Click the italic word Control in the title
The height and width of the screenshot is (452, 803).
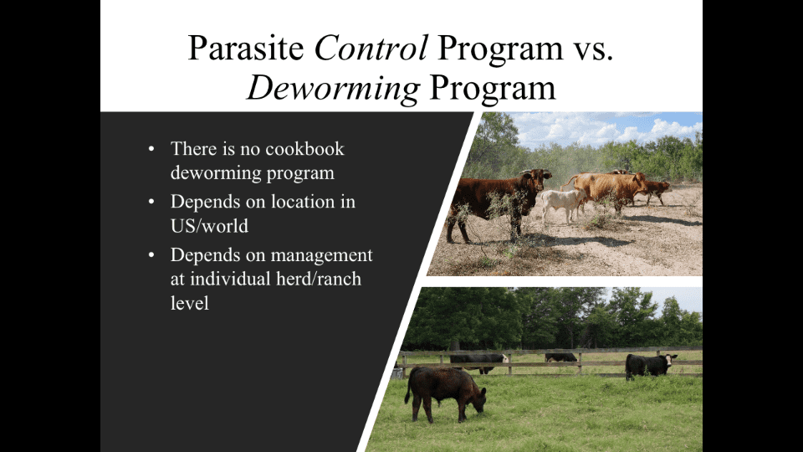[x=371, y=49]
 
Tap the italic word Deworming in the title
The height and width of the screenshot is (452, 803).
[x=334, y=88]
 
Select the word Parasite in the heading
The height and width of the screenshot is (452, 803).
[x=246, y=49]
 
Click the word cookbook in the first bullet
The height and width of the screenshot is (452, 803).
[x=304, y=149]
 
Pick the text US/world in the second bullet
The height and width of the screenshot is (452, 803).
[x=209, y=226]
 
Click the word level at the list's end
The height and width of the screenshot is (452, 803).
[x=190, y=303]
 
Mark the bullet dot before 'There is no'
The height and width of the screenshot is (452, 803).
[x=151, y=149]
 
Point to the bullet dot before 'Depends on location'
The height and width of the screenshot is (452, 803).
[x=151, y=202]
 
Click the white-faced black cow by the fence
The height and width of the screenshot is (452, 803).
[x=649, y=365]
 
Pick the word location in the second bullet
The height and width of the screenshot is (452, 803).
[x=303, y=202]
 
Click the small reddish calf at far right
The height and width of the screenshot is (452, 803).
[x=657, y=190]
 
